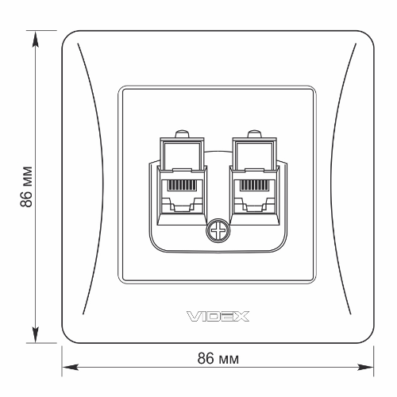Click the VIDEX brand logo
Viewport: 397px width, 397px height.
218,316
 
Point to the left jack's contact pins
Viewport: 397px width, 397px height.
183,187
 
